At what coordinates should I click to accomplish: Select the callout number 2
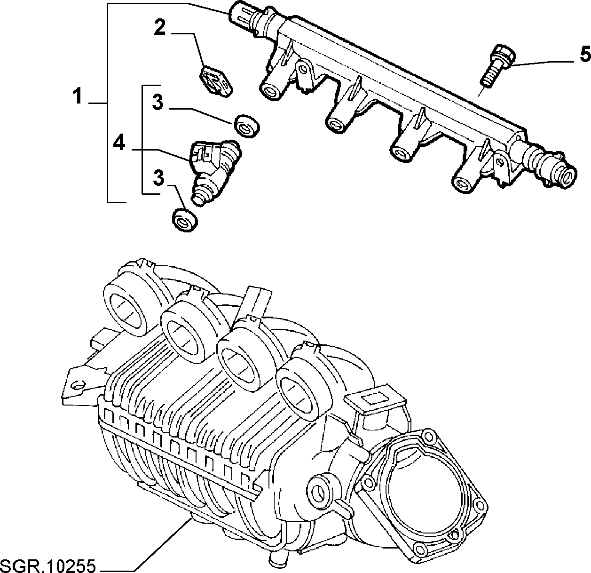click(x=160, y=27)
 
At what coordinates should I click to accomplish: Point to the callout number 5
click(x=585, y=55)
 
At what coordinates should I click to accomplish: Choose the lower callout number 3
click(x=158, y=178)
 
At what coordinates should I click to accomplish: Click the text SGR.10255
click(x=48, y=565)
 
